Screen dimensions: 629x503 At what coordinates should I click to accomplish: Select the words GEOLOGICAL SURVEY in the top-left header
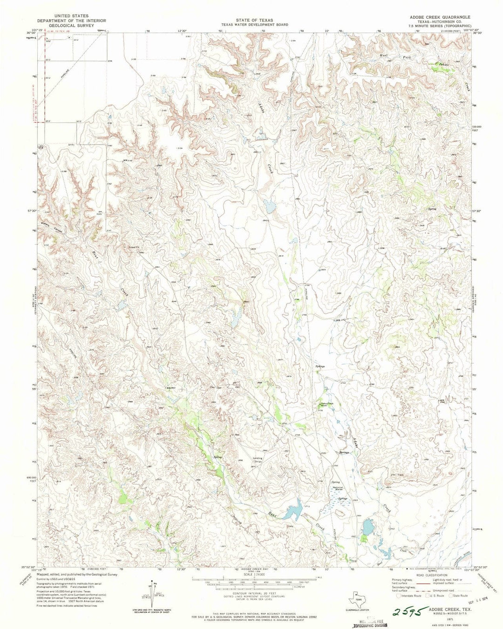(x=72, y=26)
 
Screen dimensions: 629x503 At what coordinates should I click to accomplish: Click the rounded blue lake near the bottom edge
(x=367, y=528)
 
